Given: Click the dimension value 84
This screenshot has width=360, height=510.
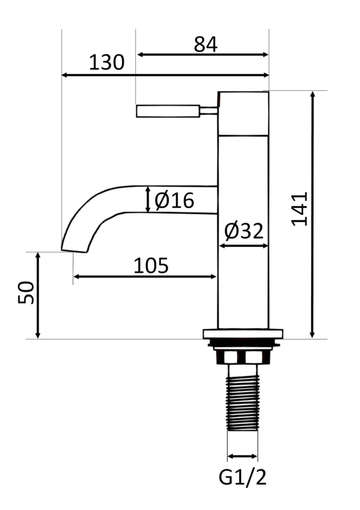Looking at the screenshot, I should [x=205, y=45].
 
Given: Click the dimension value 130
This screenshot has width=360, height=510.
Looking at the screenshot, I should [x=107, y=63].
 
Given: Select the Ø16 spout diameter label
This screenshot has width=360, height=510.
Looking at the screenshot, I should [x=174, y=200].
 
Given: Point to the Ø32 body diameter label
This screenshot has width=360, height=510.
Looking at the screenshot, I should [x=244, y=232].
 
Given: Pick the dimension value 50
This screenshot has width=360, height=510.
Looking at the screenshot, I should [x=27, y=293].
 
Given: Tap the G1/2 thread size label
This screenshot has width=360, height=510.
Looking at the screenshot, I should [x=242, y=478].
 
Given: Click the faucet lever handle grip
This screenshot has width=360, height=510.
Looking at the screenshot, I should [x=168, y=111].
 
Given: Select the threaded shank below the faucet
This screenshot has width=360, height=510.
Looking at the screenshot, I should [x=243, y=398].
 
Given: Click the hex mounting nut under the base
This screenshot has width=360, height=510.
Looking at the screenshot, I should [x=243, y=356].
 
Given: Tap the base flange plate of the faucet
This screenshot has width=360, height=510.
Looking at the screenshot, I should [x=243, y=334].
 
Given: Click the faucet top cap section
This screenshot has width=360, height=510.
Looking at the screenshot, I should [x=243, y=114].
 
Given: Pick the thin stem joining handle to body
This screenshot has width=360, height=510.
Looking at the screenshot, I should [x=209, y=110].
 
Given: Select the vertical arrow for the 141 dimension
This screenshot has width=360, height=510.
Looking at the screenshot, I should [x=312, y=214].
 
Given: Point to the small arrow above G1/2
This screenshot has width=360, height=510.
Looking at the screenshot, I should [x=243, y=456].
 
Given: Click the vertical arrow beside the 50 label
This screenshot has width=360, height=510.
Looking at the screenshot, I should [x=38, y=295].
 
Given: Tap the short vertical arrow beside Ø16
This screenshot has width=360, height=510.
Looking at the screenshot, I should [x=148, y=199].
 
